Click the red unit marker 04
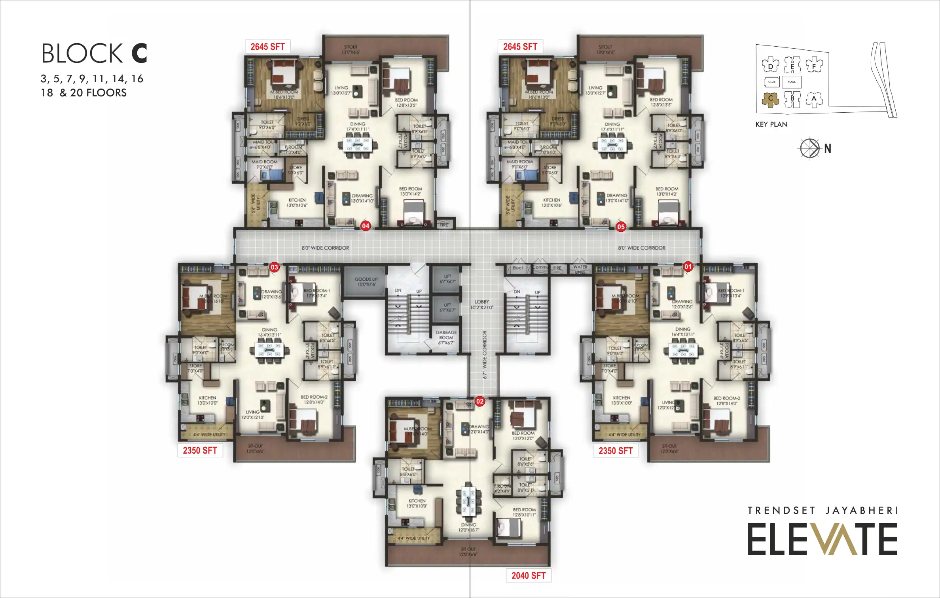coord(365,226)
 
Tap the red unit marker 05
coord(621,227)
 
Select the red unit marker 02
coord(479,401)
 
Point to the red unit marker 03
coord(274,267)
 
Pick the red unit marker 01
coord(688,267)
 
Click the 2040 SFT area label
coord(529,575)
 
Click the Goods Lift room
coord(366,282)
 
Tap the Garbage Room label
coord(446,337)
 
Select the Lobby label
coord(481,304)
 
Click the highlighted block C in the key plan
coord(770,99)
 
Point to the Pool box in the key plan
coord(792,82)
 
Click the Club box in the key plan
coord(771,82)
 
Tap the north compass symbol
coord(809,148)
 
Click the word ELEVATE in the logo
coord(822,539)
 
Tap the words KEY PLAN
coord(771,124)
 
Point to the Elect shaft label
coord(517,268)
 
